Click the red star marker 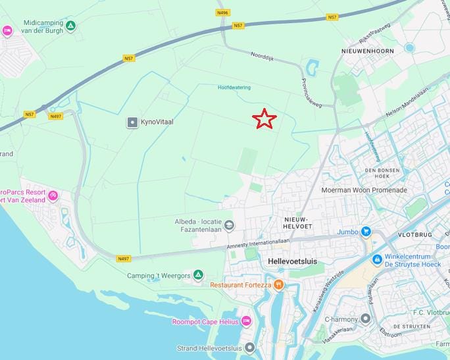264,118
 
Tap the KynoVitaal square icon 133,122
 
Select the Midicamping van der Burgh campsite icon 70,26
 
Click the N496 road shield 223,13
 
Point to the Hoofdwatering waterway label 234,87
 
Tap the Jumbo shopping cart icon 366,231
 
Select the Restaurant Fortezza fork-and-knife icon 279,284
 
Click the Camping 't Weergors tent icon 198,275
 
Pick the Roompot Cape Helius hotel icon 246,321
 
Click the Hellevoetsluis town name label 293,261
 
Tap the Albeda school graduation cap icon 229,225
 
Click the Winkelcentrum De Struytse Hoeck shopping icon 377,260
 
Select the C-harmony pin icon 366,319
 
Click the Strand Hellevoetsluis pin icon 249,348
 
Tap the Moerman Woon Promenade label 364,190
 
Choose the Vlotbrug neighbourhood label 414,234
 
